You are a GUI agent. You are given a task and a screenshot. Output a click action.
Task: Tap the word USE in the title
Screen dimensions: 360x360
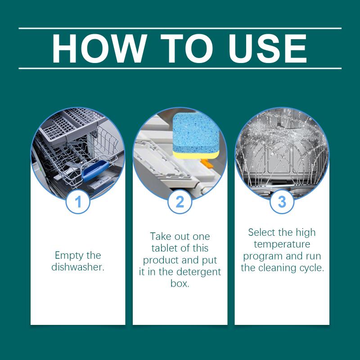pos(267,49)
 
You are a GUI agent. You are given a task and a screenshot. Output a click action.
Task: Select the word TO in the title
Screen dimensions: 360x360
pos(187,49)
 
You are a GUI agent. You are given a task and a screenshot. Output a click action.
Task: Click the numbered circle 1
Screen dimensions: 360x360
pos(78,202)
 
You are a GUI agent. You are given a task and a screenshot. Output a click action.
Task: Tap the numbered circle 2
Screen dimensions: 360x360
pos(180,202)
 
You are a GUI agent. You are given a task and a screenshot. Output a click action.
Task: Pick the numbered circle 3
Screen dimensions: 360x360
pos(282,202)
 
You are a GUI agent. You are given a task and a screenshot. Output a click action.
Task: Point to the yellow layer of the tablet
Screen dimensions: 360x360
pos(196,155)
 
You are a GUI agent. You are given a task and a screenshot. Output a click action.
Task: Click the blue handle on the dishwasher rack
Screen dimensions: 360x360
pos(95,171)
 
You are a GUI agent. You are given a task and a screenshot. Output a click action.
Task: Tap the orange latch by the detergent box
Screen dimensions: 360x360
pos(207,163)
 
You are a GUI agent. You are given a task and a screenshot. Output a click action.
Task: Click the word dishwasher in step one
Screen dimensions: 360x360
pos(78,267)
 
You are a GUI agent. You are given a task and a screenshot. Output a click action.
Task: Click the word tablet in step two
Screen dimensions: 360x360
pos(164,248)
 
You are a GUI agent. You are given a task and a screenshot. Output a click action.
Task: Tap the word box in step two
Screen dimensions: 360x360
pos(180,283)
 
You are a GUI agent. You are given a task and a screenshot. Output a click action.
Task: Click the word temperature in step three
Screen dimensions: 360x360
pos(282,244)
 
